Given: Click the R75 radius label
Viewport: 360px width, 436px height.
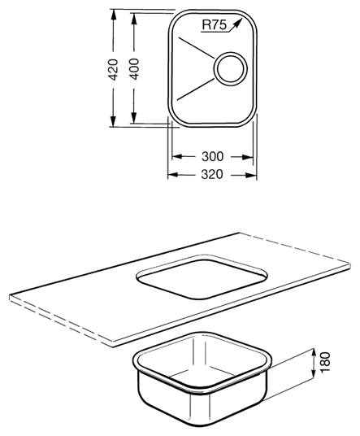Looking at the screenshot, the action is (215, 25).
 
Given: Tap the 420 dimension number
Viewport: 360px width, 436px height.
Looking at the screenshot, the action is (113, 69).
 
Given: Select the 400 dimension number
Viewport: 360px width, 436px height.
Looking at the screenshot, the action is (134, 69).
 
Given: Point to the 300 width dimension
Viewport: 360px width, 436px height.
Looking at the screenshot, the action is (212, 156).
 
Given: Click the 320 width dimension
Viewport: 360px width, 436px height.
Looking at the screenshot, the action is (212, 174).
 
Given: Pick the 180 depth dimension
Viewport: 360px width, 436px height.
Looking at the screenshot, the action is (325, 362).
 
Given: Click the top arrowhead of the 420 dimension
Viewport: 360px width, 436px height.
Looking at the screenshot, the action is (113, 15).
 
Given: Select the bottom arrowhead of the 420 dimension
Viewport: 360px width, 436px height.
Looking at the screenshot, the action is (113, 121).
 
